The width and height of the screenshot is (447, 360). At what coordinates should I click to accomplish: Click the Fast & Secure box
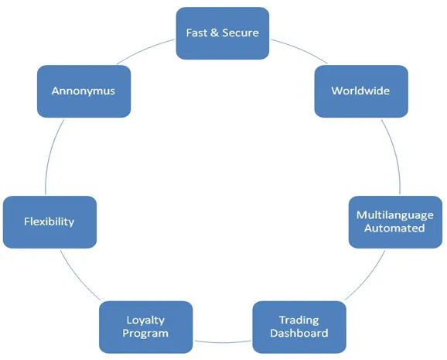[223, 33]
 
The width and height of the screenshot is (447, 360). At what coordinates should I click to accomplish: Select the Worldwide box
[361, 91]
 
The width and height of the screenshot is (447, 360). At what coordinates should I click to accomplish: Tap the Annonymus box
[84, 91]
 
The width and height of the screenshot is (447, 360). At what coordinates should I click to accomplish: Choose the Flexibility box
[49, 222]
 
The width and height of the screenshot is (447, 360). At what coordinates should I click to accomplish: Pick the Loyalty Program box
[145, 327]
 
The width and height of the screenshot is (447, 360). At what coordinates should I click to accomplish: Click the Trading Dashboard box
[299, 327]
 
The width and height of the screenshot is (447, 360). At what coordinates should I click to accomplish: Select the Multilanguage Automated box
[395, 222]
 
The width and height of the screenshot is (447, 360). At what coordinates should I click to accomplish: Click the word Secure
[241, 33]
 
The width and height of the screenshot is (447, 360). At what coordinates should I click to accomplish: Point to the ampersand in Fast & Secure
[214, 33]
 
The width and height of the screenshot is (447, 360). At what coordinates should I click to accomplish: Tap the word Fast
[196, 33]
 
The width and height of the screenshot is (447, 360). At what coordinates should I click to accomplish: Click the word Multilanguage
[395, 215]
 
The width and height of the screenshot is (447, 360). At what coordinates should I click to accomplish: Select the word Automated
[394, 228]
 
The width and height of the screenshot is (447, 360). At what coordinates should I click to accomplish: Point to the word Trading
[299, 321]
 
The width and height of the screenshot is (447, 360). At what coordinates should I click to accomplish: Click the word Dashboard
[299, 333]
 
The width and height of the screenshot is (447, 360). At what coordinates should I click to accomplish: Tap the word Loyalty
[145, 321]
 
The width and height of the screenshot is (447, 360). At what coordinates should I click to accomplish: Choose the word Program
[145, 334]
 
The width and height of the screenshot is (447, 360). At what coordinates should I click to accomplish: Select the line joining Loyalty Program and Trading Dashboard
[223, 342]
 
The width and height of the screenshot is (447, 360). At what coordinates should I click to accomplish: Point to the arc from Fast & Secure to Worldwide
[301, 49]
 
